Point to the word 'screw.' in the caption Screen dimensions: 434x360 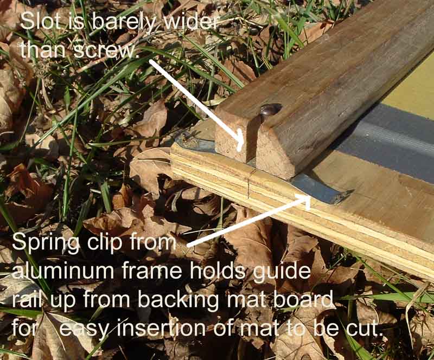pos(106,50)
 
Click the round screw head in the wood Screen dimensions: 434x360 pos(270,110)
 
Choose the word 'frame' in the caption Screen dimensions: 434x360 pos(152,271)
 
